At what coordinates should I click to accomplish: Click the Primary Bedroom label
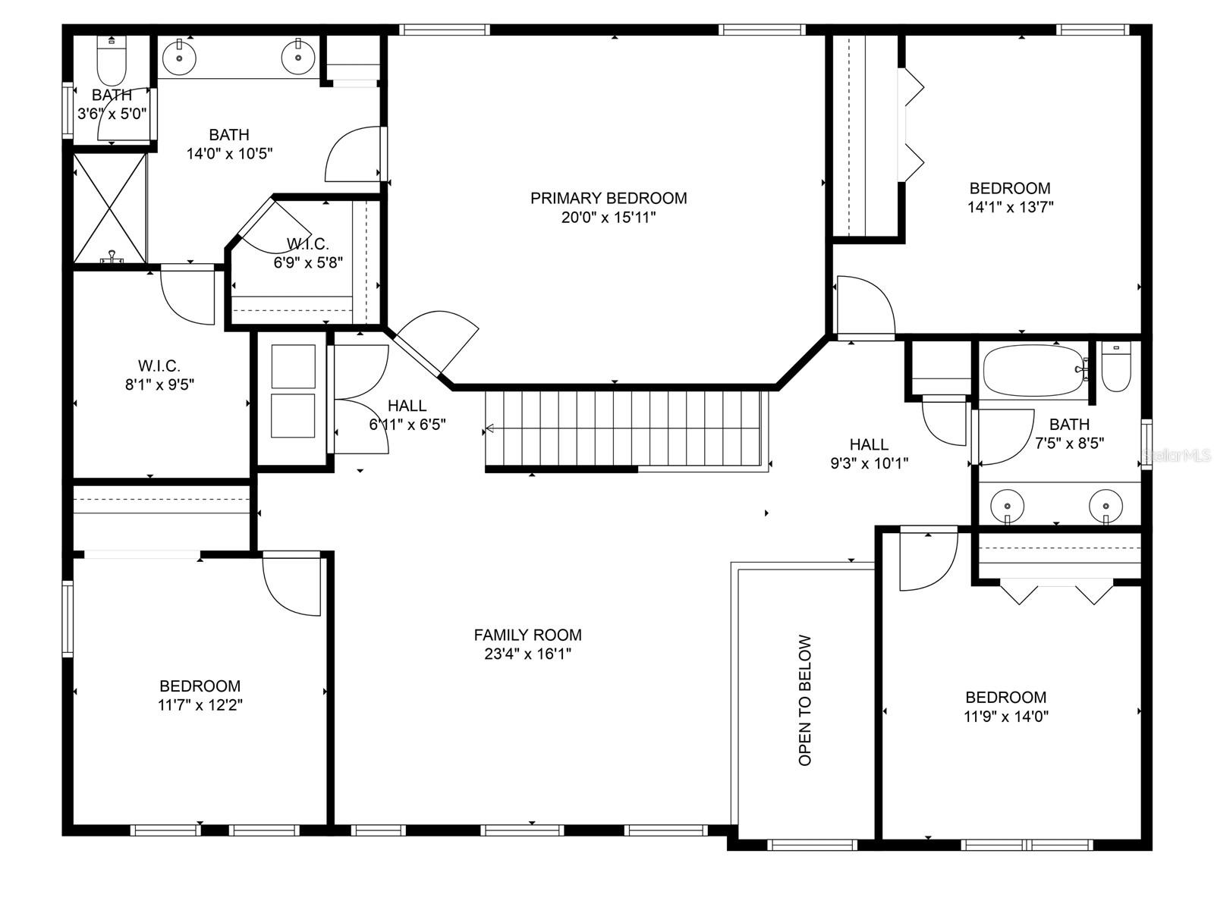[609, 199]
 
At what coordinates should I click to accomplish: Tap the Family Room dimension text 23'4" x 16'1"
[527, 654]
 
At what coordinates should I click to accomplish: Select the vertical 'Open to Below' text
[805, 701]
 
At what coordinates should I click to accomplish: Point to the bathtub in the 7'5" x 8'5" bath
[1034, 370]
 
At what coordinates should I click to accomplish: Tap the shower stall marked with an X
[111, 209]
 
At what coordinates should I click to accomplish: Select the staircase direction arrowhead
[489, 428]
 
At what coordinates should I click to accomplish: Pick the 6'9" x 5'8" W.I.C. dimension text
[308, 262]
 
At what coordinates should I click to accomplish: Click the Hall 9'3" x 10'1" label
[869, 453]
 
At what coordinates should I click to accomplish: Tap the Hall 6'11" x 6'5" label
[407, 415]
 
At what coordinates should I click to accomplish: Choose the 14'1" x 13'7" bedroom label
[1010, 197]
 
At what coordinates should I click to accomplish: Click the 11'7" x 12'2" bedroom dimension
[200, 705]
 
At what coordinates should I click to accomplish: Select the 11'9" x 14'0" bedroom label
[1006, 707]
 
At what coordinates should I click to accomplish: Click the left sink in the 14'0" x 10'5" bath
[179, 57]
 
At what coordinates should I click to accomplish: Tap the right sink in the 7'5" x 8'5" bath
[1105, 506]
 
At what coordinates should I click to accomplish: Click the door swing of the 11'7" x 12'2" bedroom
[291, 583]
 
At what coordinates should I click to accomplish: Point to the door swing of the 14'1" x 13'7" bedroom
[866, 307]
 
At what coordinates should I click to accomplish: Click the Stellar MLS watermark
[1177, 456]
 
